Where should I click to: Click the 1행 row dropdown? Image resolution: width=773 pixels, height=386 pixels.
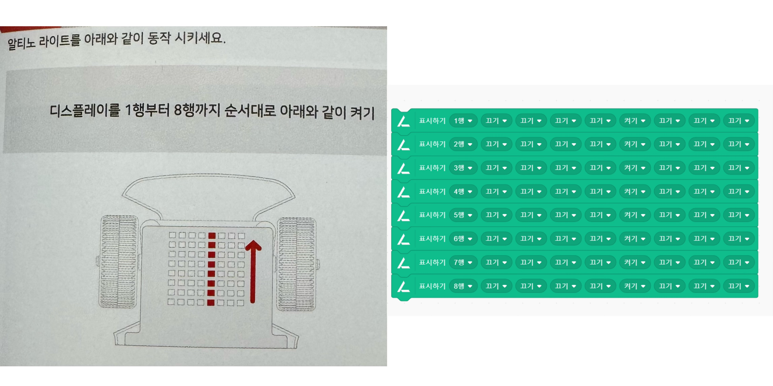tap(463, 121)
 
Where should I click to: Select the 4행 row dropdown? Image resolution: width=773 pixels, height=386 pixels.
tap(463, 192)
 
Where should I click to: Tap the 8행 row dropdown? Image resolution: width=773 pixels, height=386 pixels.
tap(463, 286)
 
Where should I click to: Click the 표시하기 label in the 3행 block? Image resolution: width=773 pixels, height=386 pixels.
tap(432, 168)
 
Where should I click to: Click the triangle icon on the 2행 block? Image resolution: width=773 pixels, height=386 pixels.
tap(404, 144)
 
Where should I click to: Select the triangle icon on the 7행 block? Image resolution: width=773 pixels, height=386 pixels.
tap(404, 263)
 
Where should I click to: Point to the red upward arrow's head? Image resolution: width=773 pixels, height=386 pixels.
tap(253, 245)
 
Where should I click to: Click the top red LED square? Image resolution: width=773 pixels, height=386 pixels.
tap(212, 236)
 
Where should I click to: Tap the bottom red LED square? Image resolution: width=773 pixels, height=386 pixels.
tap(211, 302)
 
